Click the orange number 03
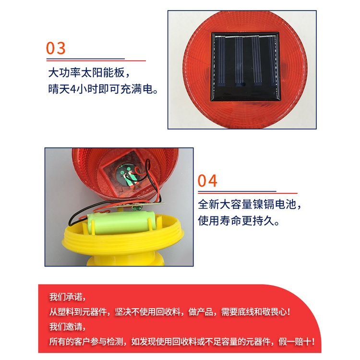point(56,48)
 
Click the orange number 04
point(208,181)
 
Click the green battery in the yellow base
point(120,224)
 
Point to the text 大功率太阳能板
point(89,73)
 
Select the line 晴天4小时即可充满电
point(103,90)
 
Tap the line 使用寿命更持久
point(238,221)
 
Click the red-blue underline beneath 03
point(96,60)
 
